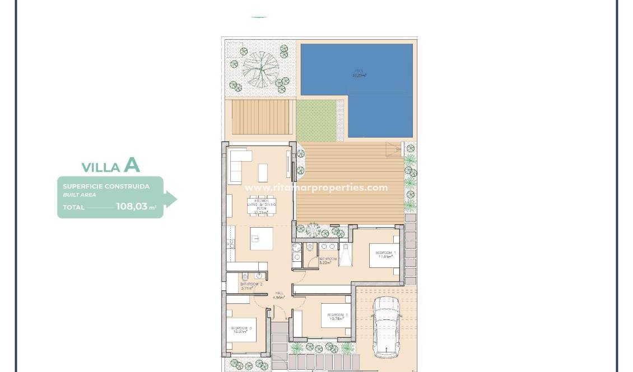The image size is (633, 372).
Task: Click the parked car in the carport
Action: point(387,326)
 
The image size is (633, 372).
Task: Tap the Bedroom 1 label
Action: point(385,255)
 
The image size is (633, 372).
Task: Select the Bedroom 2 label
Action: point(338,317)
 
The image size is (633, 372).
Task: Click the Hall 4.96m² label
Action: point(279,295)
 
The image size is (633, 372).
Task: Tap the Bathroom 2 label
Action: point(251,286)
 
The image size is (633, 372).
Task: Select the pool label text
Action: point(359,73)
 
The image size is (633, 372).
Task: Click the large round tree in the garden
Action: point(260,69)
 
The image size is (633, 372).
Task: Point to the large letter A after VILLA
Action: point(132,164)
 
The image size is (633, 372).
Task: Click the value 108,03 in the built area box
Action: point(132,206)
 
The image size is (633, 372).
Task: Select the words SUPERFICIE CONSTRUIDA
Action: point(106,186)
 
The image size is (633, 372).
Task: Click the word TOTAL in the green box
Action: point(73,208)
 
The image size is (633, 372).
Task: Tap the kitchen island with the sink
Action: point(261,239)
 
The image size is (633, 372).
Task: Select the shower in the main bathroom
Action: point(345,257)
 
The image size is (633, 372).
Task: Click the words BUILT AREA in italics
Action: point(79,195)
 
